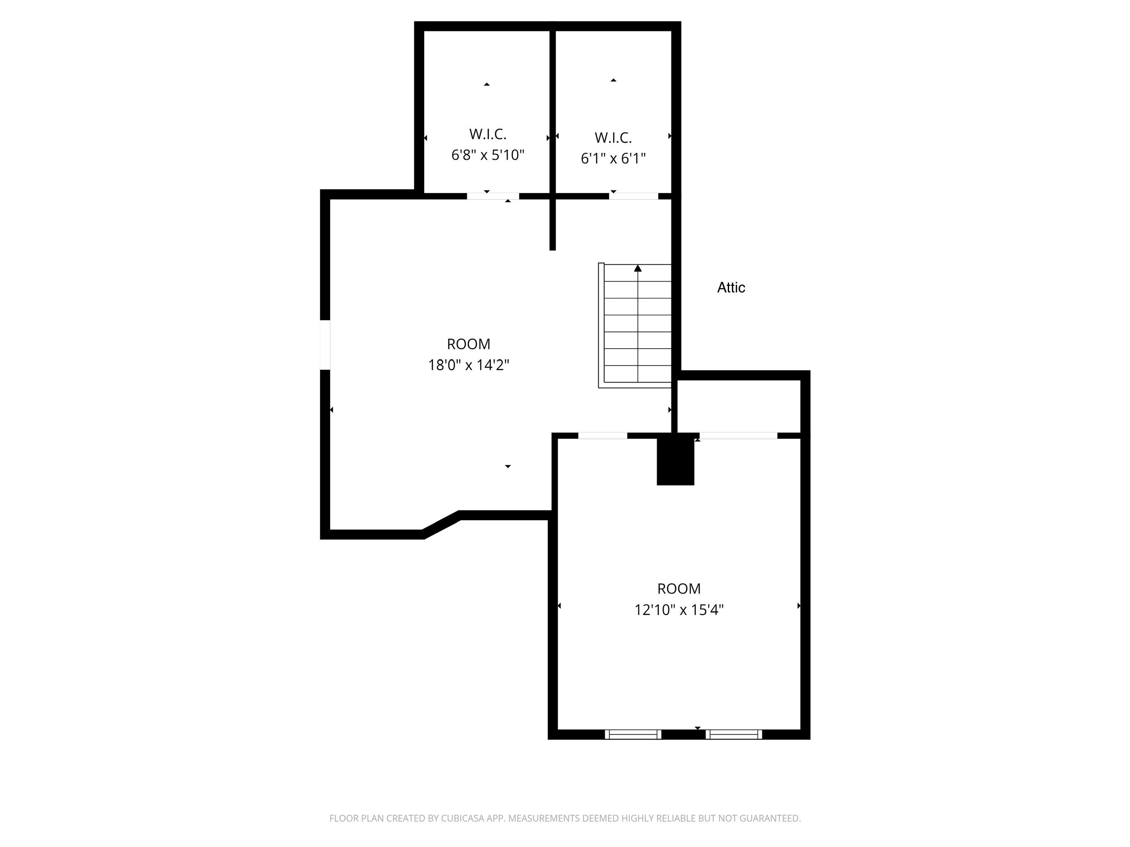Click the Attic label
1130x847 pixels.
(x=731, y=287)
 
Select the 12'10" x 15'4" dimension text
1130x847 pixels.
(x=679, y=610)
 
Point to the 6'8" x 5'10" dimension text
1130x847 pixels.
(x=488, y=155)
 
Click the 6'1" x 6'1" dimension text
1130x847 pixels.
(x=613, y=159)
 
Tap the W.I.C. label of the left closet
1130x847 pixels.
(x=488, y=134)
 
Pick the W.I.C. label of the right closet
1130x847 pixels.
(x=613, y=138)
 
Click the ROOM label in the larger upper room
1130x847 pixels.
(x=468, y=344)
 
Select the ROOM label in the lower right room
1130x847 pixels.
(x=679, y=589)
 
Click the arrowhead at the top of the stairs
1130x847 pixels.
(x=638, y=268)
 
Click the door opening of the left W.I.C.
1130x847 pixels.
(x=493, y=196)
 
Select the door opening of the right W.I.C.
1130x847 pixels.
(x=633, y=196)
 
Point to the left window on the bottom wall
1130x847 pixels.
(x=633, y=734)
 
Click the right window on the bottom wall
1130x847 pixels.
(x=734, y=734)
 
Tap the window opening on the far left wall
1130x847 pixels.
(x=325, y=345)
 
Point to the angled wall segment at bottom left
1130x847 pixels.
(x=441, y=524)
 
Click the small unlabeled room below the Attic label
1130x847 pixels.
(x=738, y=406)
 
